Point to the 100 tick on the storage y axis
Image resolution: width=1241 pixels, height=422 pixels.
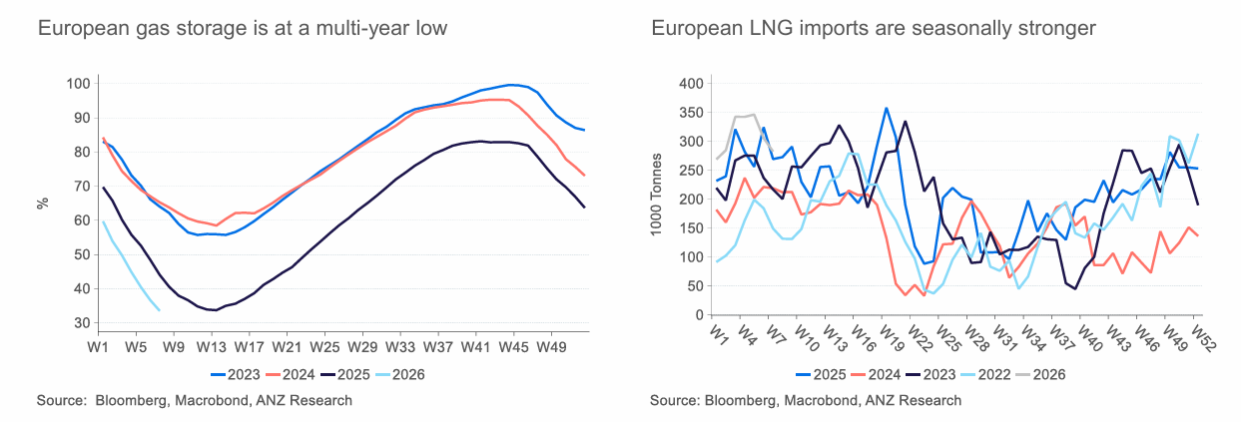click(x=79, y=83)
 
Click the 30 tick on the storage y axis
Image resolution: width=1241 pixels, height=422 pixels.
click(x=82, y=323)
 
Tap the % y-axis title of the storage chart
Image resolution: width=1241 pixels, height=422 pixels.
click(x=43, y=203)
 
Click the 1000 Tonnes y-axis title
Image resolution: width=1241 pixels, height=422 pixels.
click(x=656, y=199)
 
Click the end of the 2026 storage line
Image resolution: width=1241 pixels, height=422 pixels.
click(x=160, y=310)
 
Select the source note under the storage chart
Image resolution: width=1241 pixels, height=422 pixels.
click(x=195, y=400)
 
